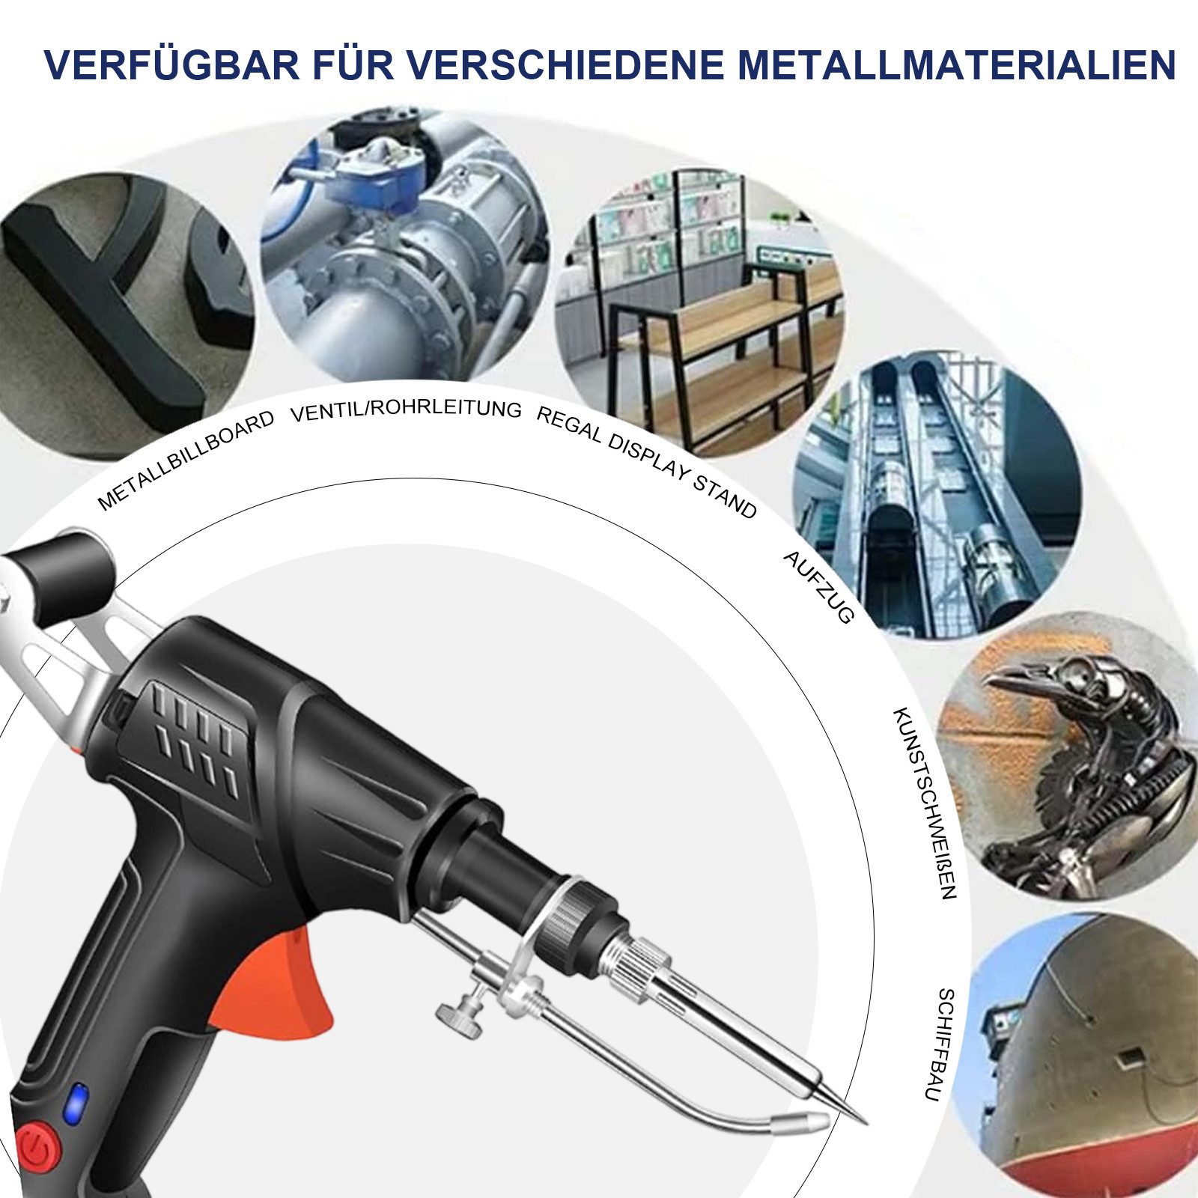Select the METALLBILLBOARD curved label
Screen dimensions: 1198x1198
click(186, 460)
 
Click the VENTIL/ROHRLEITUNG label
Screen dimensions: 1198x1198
click(405, 410)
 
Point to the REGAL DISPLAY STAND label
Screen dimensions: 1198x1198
click(645, 461)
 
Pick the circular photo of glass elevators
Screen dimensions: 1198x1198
click(936, 494)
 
